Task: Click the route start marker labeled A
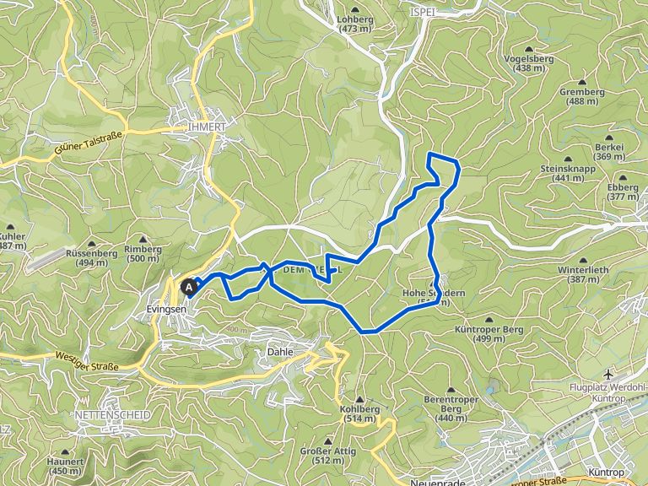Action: pos(189,287)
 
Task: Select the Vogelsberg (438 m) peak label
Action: pos(530,62)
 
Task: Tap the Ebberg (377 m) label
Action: pos(623,192)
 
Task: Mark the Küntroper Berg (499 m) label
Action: pos(479,333)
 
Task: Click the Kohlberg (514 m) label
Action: pos(359,413)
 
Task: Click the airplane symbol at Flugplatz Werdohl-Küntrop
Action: pos(609,373)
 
